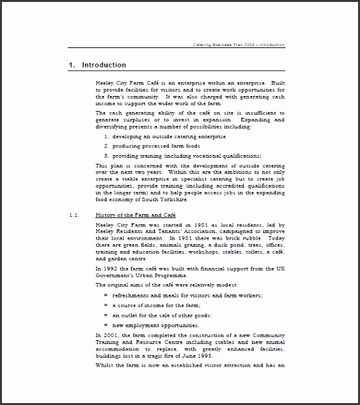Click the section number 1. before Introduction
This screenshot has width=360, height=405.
coord(73,65)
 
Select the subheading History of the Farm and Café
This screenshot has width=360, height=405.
coord(135,215)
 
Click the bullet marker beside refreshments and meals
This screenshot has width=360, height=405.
coord(106,295)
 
